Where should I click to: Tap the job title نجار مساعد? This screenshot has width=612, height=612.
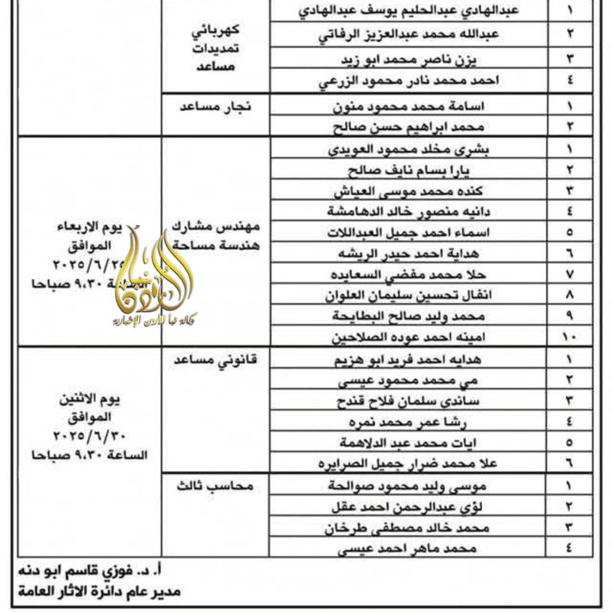coord(215,105)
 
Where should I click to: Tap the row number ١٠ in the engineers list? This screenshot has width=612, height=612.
coord(569,337)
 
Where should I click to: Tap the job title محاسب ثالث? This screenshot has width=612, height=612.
coord(215,486)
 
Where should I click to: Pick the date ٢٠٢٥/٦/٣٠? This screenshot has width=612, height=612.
coord(91,436)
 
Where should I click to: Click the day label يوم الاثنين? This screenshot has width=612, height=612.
coord(91,401)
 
